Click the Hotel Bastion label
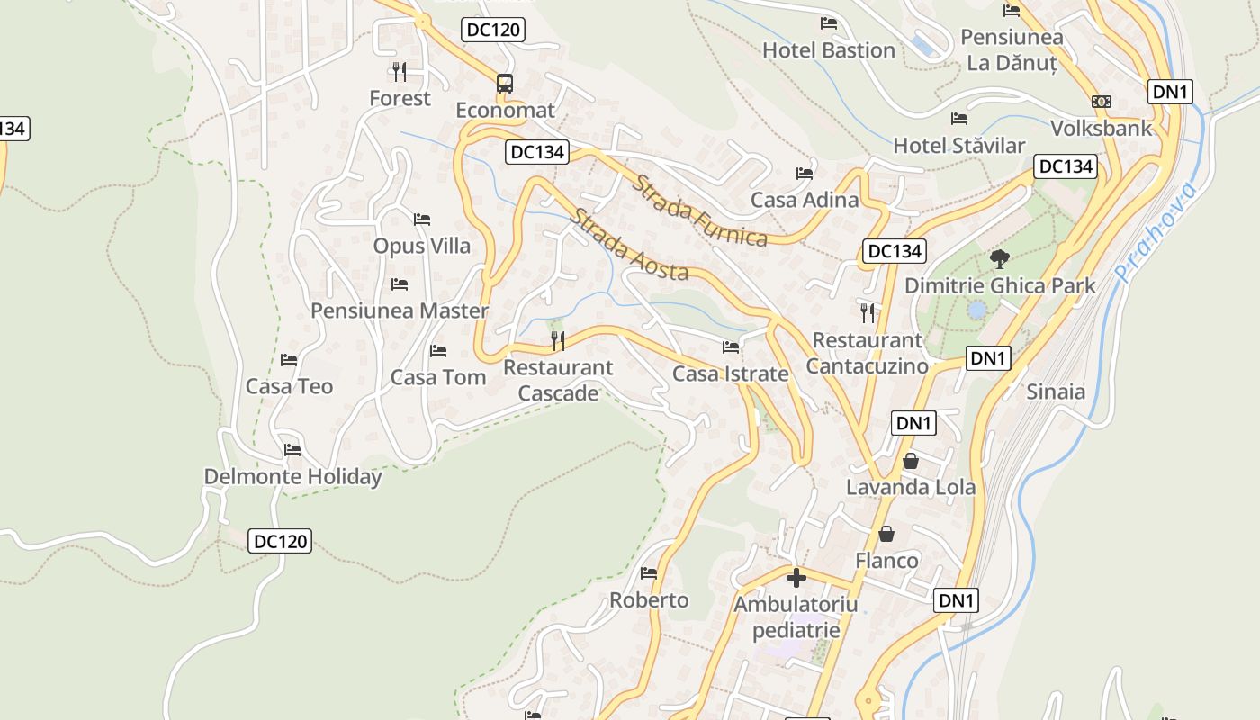point(829,50)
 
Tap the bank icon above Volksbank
point(1101,101)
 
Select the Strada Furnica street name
point(700,211)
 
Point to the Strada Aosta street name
point(630,246)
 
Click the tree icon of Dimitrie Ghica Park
point(999,259)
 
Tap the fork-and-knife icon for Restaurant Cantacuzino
point(868,312)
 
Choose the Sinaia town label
point(1056,391)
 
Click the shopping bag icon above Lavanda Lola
point(911,461)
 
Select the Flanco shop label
point(886,561)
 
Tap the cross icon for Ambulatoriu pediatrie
point(796,577)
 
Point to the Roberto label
point(649,600)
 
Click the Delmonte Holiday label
point(292,477)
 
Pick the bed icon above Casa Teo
point(289,359)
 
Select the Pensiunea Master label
point(400,310)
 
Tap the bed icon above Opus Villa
point(421,219)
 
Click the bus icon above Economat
point(505,84)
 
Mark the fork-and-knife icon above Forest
point(400,71)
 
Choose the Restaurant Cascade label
point(558,380)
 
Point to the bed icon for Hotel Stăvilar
point(959,118)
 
